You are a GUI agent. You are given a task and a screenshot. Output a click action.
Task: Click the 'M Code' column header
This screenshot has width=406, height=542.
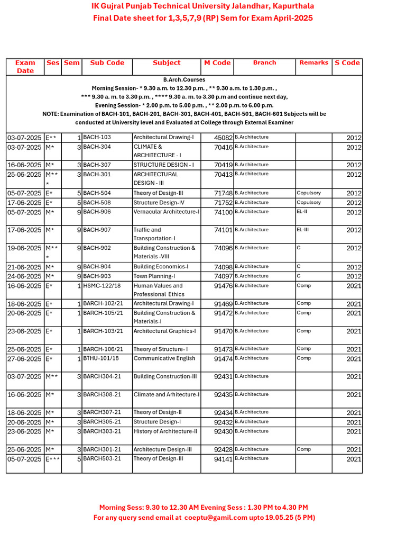click(x=217, y=63)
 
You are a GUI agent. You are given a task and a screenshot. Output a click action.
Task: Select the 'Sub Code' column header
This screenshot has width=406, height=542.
click(x=107, y=63)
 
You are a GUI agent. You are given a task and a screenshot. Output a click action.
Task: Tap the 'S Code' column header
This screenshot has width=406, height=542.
click(x=347, y=63)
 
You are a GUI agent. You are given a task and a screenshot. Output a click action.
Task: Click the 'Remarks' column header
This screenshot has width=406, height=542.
click(x=313, y=62)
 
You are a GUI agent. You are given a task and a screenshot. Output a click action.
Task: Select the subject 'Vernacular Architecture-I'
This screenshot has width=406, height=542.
click(x=167, y=212)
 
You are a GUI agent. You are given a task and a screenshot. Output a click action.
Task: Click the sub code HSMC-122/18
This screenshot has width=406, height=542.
click(x=102, y=286)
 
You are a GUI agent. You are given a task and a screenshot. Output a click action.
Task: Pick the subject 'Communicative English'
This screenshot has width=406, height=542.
click(x=164, y=358)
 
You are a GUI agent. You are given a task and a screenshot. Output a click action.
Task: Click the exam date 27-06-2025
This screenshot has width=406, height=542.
click(x=24, y=359)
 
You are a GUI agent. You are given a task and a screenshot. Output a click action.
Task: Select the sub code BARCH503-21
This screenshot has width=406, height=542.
click(x=102, y=459)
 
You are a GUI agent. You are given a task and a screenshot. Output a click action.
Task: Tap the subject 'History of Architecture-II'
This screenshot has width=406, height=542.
click(x=165, y=431)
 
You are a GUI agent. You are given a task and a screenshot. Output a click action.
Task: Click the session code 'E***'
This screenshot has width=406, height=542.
click(x=53, y=459)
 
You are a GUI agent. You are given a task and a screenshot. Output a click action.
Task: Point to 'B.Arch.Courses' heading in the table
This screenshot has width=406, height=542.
click(x=184, y=79)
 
